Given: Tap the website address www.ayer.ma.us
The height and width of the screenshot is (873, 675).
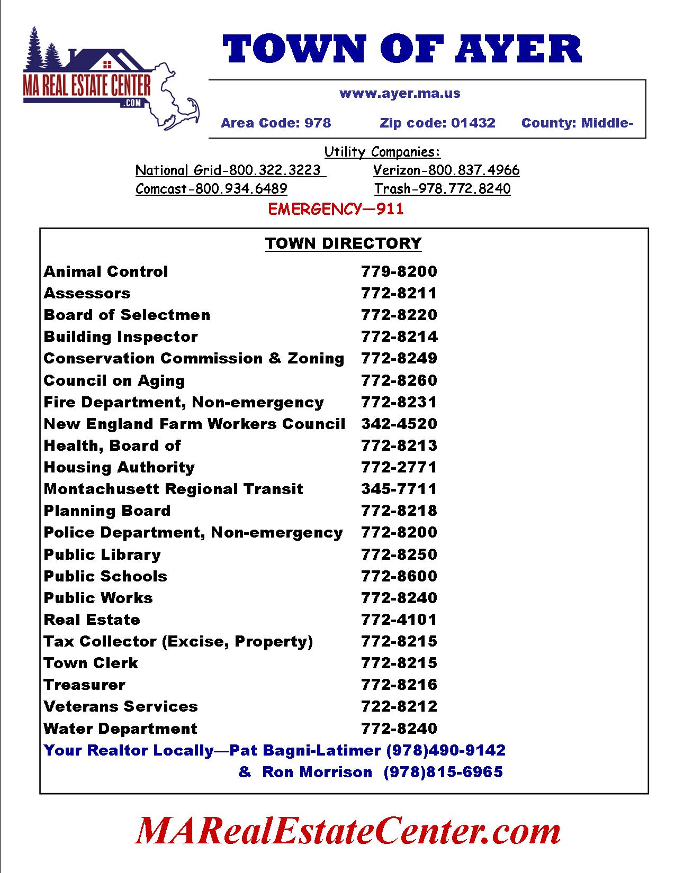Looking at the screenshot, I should point(400,94).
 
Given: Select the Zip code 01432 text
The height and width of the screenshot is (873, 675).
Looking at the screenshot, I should point(437,123).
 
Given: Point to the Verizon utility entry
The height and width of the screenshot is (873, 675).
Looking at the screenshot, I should point(446,170).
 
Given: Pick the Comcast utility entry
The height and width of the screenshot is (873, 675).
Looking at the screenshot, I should point(211,189).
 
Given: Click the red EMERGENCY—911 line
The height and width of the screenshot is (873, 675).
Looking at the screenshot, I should point(336,209).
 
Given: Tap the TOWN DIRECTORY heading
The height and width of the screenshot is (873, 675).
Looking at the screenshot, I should point(343,243).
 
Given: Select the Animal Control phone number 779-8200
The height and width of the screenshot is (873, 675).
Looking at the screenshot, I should point(399,271).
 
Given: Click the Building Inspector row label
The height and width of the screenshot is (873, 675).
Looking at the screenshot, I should point(121,337).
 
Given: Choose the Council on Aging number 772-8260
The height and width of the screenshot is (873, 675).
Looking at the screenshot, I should point(399,380).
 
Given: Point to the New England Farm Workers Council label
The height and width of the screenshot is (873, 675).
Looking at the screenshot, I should point(194,424).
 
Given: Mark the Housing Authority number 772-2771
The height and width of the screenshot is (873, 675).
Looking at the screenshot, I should point(399,467).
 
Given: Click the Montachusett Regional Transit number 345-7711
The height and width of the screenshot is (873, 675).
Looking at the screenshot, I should point(399,489).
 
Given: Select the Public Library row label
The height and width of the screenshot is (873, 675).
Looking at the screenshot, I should point(102,554).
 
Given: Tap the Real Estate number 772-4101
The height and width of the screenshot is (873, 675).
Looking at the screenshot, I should point(399,620).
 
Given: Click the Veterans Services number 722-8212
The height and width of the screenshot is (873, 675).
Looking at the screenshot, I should point(399,706).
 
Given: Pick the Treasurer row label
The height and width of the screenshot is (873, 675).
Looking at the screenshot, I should point(85,685).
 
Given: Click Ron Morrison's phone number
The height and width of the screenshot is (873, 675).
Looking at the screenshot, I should point(443,772).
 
